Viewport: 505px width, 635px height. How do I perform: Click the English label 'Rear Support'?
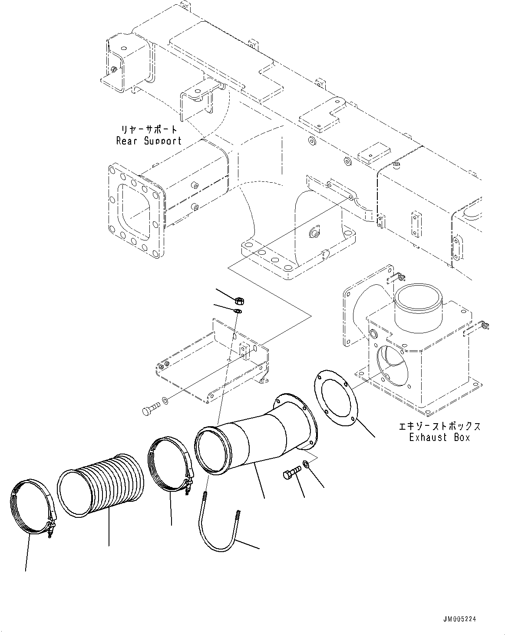(149, 141)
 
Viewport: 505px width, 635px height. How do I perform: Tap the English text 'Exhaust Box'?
(439, 437)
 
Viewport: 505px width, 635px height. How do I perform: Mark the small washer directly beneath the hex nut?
(238, 311)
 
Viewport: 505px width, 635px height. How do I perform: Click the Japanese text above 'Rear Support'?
(149, 129)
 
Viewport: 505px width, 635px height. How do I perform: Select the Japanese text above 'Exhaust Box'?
(439, 426)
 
